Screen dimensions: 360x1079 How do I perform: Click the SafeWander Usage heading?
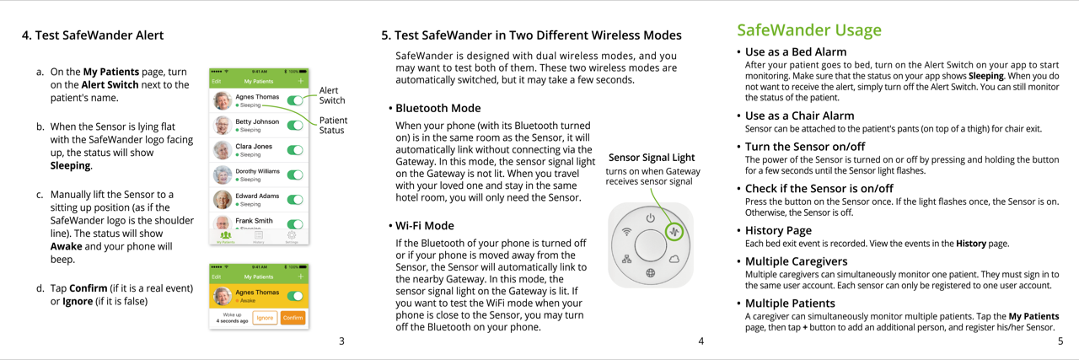pos(808,30)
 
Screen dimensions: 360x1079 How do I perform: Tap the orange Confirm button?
pos(293,318)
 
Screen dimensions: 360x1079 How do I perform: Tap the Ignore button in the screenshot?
pos(265,318)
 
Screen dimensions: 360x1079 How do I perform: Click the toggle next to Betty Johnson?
pos(295,126)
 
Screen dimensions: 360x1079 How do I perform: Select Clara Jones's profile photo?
pos(222,150)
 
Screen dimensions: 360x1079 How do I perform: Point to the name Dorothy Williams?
pos(257,171)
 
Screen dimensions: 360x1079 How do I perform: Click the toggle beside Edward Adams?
pos(295,200)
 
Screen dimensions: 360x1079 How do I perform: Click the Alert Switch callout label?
pos(332,95)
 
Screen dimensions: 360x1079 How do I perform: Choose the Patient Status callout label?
pos(333,125)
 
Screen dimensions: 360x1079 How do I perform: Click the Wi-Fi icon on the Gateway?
pos(626,231)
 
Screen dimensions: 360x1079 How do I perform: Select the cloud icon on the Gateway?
pos(674,259)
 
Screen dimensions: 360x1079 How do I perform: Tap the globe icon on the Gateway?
pos(651,272)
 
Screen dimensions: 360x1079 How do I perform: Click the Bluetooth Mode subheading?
pos(438,108)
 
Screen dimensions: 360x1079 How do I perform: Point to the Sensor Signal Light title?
pos(652,157)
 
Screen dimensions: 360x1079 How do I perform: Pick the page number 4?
pos(701,341)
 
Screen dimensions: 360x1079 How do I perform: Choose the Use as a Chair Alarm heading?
pos(799,116)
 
